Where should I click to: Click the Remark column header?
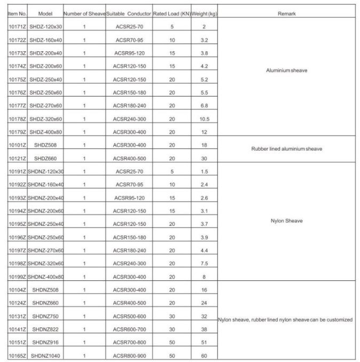[x=286, y=12]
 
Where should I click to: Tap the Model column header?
[x=45, y=12]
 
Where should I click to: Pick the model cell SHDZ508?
[x=45, y=145]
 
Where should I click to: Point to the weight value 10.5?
[x=204, y=119]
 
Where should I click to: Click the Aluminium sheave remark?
[x=286, y=70]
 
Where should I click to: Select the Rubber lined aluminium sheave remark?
[x=286, y=149]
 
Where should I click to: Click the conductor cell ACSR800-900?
[x=130, y=355]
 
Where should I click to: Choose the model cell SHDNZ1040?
[x=45, y=355]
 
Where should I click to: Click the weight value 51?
[x=204, y=342]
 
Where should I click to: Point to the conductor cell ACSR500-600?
[x=130, y=316]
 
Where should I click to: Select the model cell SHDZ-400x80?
[x=45, y=132]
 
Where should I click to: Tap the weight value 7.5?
[x=204, y=263]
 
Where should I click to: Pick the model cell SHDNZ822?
[x=45, y=329]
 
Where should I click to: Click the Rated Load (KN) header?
[x=171, y=12]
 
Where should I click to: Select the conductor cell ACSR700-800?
[x=130, y=342]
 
